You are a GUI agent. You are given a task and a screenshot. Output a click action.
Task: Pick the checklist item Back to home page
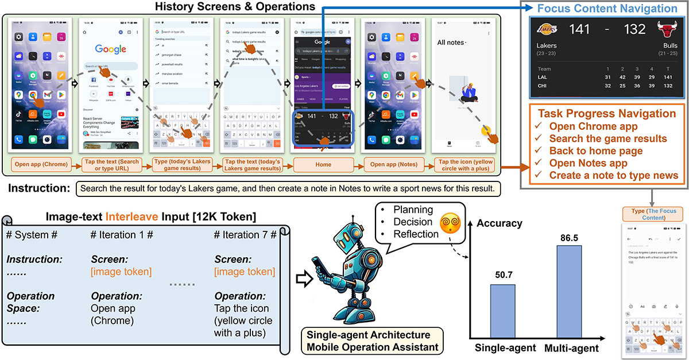596,151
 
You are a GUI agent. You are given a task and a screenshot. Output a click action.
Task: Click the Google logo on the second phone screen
111,49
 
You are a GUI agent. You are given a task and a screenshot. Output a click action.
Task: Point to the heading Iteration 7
245,235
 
